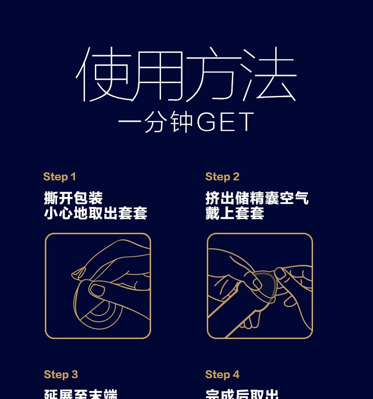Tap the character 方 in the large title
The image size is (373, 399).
pos(213,75)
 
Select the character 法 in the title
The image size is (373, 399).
pos(269,75)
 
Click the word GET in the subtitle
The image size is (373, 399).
pos(225,122)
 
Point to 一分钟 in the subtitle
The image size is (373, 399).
pos(155,122)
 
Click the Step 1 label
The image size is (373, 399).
pos(59,177)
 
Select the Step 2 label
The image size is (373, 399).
pos(222,177)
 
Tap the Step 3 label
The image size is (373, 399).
pos(61,374)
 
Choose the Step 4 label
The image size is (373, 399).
pos(222,374)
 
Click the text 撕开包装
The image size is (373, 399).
pos(73,198)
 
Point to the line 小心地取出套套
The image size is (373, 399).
pos(96,213)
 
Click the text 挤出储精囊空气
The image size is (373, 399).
pos(257,198)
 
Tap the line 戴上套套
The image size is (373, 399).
pos(235,213)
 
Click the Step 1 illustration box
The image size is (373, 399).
pos(98,286)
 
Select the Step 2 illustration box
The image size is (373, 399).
pos(260,286)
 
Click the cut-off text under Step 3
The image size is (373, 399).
pos(80,394)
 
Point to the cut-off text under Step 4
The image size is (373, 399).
pos(242,394)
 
